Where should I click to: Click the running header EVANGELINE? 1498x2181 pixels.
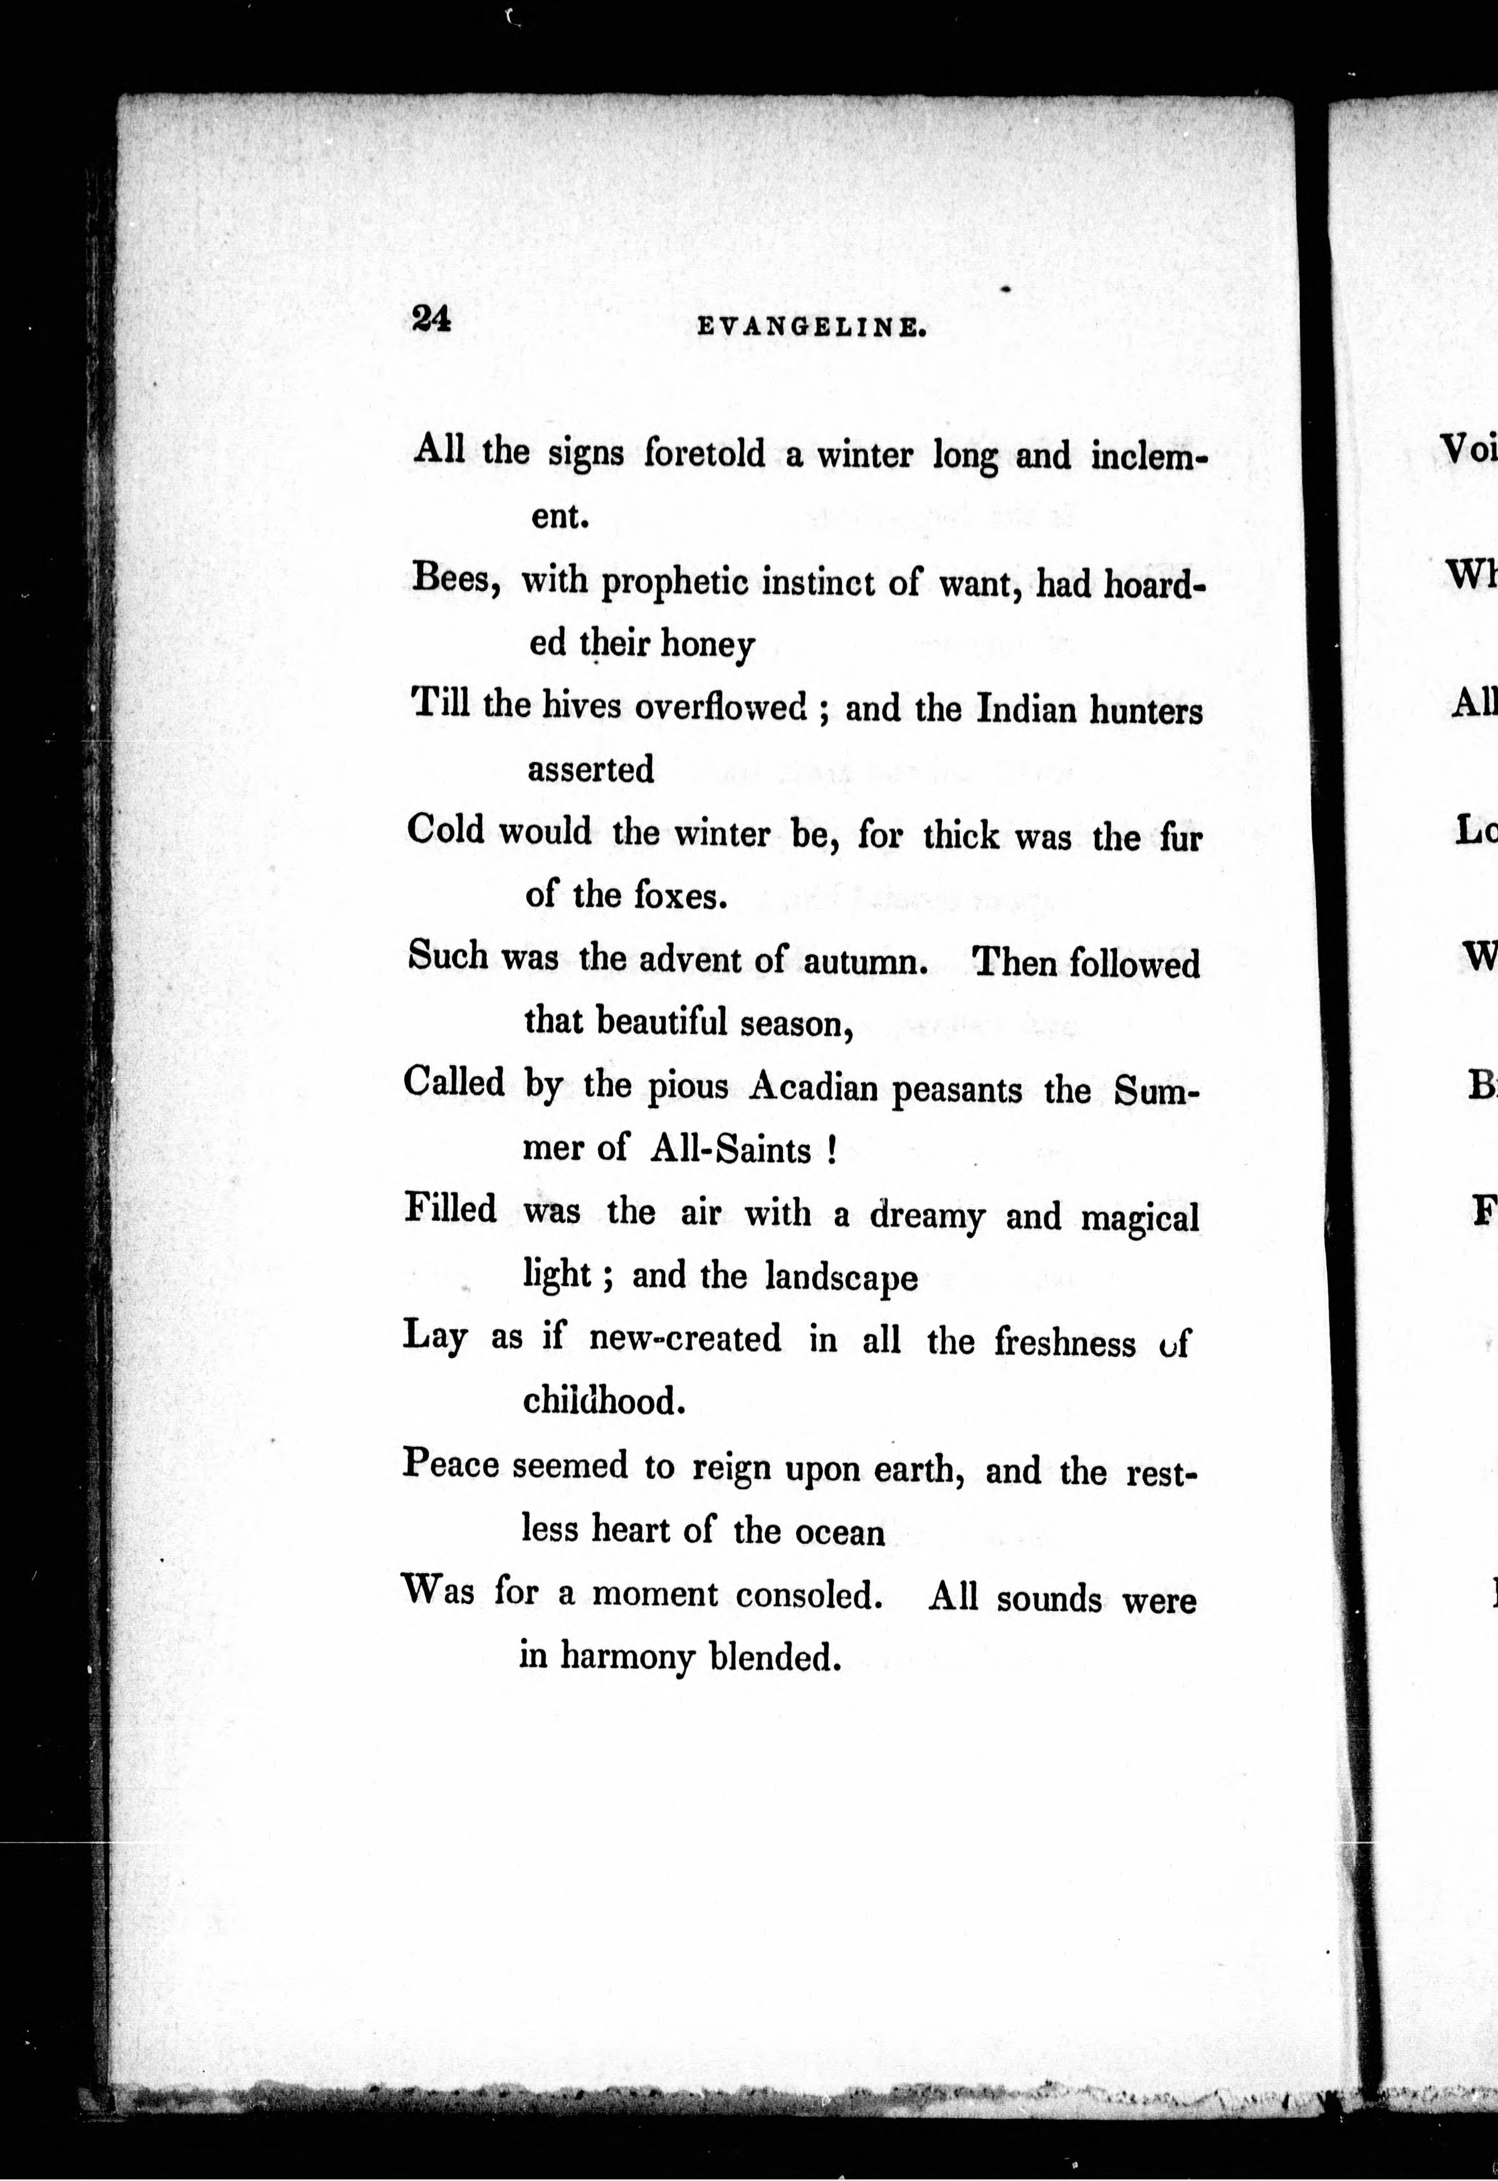coord(813,328)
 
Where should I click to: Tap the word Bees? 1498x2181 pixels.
coord(454,580)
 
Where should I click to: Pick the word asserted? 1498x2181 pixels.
coord(590,770)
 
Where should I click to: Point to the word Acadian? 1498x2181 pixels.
coord(813,1089)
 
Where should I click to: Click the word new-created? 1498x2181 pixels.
coord(684,1339)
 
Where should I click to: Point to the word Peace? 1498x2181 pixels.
coord(451,1464)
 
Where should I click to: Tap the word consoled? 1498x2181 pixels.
coord(808,1596)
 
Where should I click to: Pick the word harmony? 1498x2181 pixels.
coord(627,1658)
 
